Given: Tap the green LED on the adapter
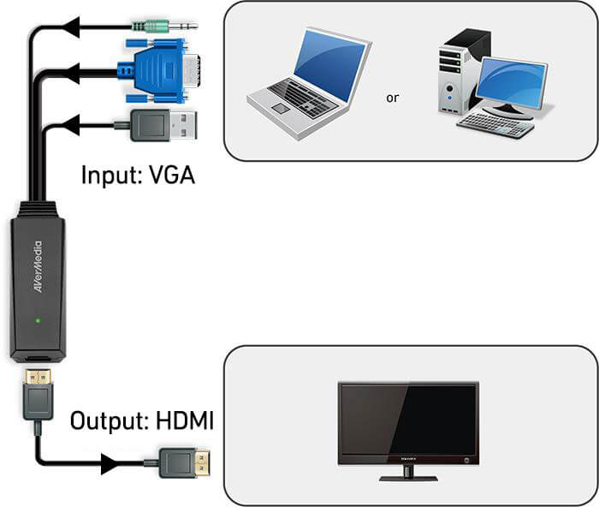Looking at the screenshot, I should click(37, 322).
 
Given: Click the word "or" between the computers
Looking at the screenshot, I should click(393, 98).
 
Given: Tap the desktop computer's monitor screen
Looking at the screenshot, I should click(513, 83).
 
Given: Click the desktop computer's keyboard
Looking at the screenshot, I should click(495, 125).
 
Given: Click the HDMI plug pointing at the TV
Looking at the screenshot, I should click(184, 464).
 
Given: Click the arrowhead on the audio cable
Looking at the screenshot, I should click(75, 27).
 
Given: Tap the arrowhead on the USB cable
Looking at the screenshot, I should click(75, 127).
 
